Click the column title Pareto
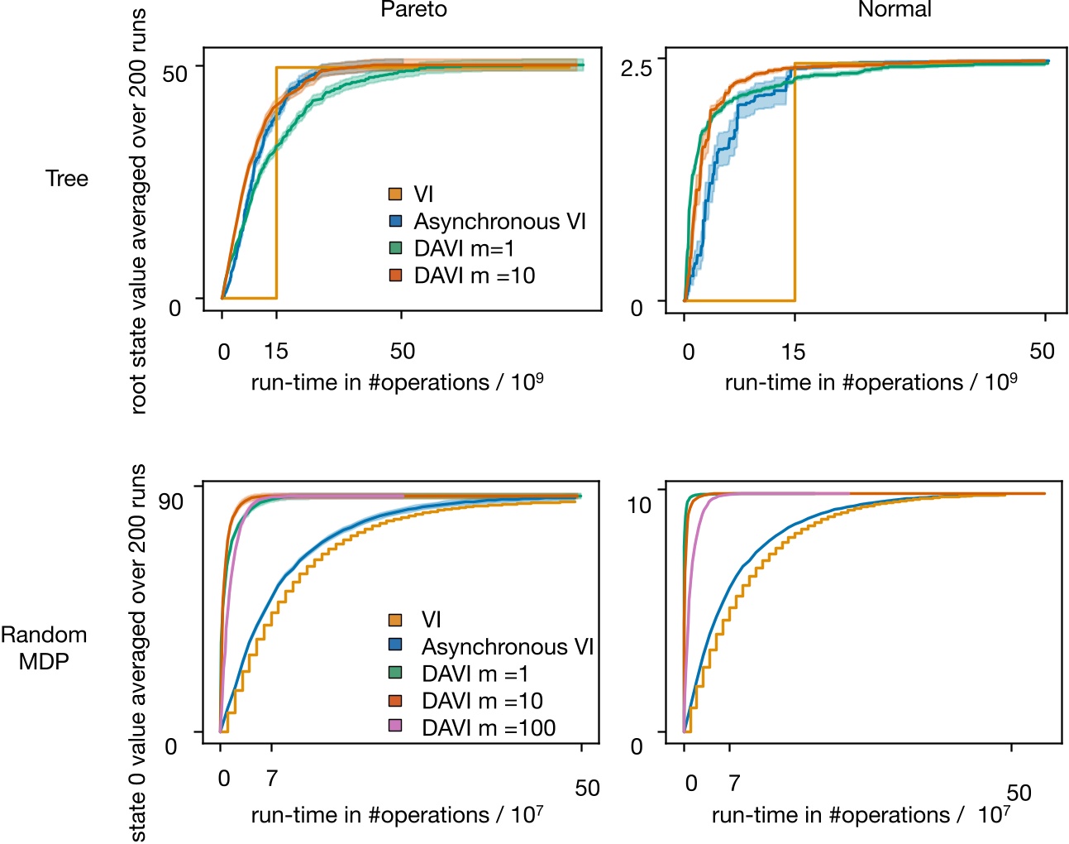click(x=413, y=10)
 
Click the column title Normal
click(x=895, y=10)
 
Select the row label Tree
click(x=67, y=179)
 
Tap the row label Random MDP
click(x=44, y=648)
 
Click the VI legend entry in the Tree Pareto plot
click(x=423, y=194)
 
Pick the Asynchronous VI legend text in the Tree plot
click(x=499, y=222)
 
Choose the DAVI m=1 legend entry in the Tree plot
click(x=464, y=248)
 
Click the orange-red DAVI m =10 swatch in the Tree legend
click(x=396, y=276)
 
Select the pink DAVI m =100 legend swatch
click(x=396, y=727)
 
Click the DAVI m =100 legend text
click(x=489, y=727)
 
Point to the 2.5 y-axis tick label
click(x=637, y=68)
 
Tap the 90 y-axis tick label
click(x=171, y=501)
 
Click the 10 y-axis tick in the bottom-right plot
click(x=639, y=505)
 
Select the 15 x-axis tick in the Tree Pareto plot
click(x=276, y=351)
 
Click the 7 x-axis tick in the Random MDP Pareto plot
click(x=271, y=779)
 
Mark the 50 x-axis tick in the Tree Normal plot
click(x=1042, y=351)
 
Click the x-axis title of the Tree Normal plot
click(x=871, y=382)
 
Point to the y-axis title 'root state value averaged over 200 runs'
click(x=138, y=211)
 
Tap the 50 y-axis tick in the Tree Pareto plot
click(x=174, y=73)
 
